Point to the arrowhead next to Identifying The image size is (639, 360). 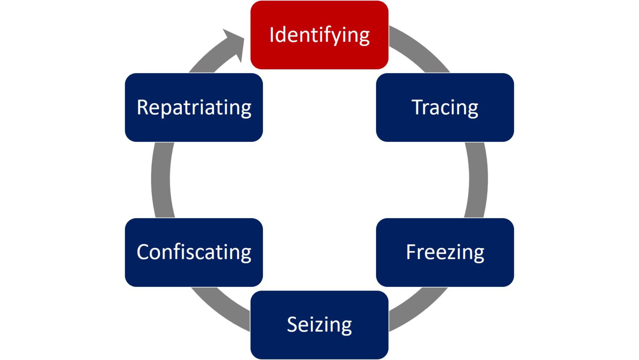[x=235, y=42]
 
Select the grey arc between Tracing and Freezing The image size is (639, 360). [x=478, y=180]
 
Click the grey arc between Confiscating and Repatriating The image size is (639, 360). [x=161, y=180]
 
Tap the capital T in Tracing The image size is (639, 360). [x=417, y=107]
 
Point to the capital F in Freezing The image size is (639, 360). [x=411, y=252]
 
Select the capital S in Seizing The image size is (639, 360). [x=292, y=324]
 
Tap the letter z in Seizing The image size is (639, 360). [x=317, y=326]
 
